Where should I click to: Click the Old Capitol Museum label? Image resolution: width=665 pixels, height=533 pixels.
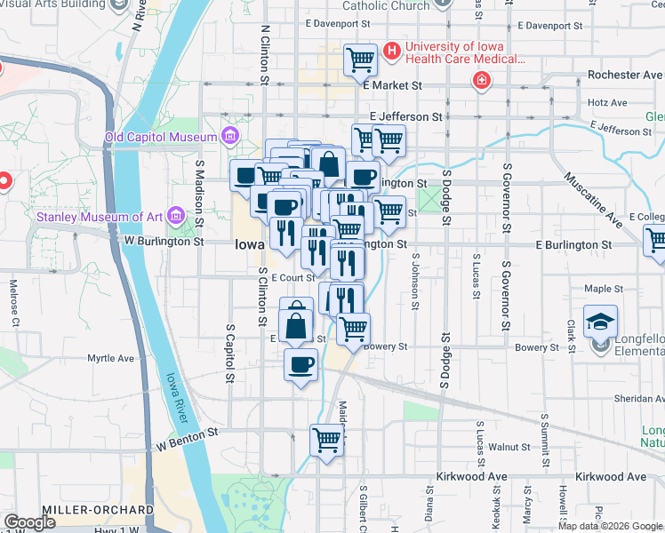tap(161, 137)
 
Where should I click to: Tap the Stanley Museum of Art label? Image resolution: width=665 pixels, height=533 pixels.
tap(100, 216)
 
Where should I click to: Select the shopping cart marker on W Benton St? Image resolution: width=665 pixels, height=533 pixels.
tap(327, 440)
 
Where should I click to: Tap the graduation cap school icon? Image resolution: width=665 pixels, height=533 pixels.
tap(600, 321)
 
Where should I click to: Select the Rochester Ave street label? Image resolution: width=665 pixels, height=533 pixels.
tap(620, 76)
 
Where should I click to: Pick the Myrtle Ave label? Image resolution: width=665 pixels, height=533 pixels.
tap(110, 359)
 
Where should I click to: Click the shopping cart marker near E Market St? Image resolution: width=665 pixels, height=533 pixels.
tap(360, 60)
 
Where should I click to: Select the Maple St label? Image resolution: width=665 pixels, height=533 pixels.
tap(603, 289)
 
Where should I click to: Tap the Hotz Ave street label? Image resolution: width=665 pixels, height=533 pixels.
tap(607, 102)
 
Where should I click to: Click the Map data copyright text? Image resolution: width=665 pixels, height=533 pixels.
tap(610, 526)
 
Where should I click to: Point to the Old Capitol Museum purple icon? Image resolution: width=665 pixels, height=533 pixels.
tap(230, 136)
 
